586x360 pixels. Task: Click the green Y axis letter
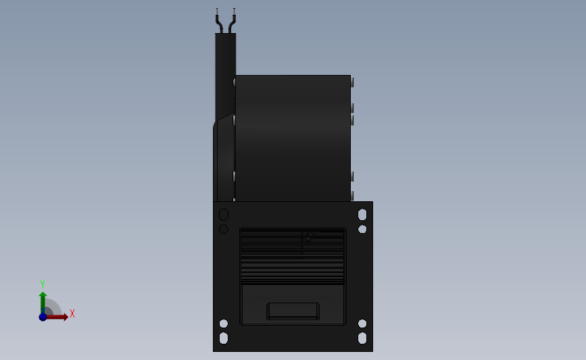tap(42, 284)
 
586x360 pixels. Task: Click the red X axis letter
tap(72, 313)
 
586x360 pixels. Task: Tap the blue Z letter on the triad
tap(43, 317)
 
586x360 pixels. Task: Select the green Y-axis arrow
tap(43, 301)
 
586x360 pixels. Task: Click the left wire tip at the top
tap(217, 11)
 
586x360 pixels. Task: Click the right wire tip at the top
tap(234, 11)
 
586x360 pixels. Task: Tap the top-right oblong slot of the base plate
tap(362, 215)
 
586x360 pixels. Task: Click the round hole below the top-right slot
tap(362, 229)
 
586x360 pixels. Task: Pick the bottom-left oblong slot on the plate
tap(224, 338)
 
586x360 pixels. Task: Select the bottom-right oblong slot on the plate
tap(362, 338)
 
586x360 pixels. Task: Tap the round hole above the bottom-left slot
tap(224, 324)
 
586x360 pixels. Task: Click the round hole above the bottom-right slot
tap(362, 324)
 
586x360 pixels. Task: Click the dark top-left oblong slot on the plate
tap(224, 215)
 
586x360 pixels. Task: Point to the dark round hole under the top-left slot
tap(224, 229)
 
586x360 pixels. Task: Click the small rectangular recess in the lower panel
tap(293, 311)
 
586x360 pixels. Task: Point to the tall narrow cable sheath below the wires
tap(224, 74)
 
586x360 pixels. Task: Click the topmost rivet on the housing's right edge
tap(352, 82)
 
